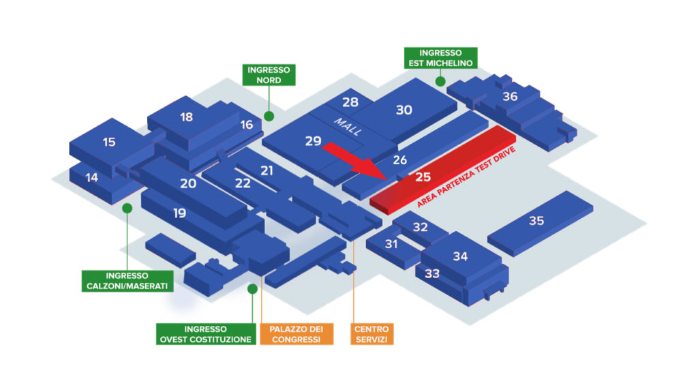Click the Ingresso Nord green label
pos(269,75)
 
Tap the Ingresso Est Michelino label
pos(441,58)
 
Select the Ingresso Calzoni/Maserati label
pos(127,281)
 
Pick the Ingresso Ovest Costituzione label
pos(206,334)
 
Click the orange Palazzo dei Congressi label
pos(297,334)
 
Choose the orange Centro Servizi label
pos(371,334)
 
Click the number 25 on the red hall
pos(423,177)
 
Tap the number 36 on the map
pos(510,96)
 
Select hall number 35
pos(536,220)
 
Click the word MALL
pos(348,127)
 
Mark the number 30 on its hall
pos(404,110)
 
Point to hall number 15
pos(109,142)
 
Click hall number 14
pos(92,178)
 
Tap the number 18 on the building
pos(187,117)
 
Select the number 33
pos(432,273)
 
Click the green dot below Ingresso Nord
pos(269,117)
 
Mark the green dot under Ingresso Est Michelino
pos(440,81)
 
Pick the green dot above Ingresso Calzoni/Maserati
pos(127,208)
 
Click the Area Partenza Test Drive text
pos(466,177)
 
